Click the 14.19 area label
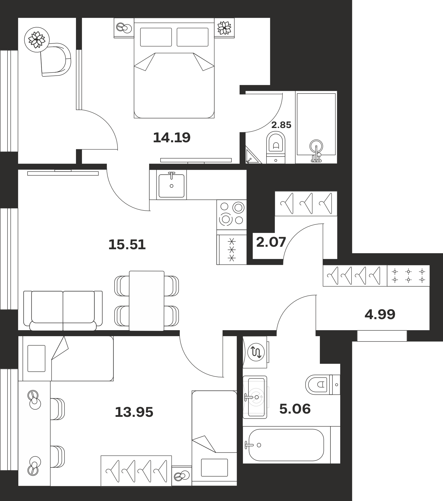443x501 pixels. click(172, 138)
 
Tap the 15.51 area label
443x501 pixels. click(127, 244)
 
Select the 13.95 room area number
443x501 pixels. click(134, 412)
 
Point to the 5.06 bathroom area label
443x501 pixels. click(295, 409)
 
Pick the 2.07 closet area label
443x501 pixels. click(271, 242)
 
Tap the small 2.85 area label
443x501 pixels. click(281, 125)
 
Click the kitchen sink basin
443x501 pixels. click(171, 186)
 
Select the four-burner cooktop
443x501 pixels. click(232, 214)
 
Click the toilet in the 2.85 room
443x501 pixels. click(276, 148)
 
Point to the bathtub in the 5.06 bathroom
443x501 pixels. click(286, 445)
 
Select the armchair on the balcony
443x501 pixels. click(56, 60)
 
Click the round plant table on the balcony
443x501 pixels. click(37, 40)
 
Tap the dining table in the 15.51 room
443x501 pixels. click(147, 301)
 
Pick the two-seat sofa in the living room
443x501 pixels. click(63, 311)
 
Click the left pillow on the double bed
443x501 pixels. click(156, 37)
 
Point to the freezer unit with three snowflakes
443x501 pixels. click(232, 249)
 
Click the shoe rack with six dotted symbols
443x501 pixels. click(408, 276)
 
